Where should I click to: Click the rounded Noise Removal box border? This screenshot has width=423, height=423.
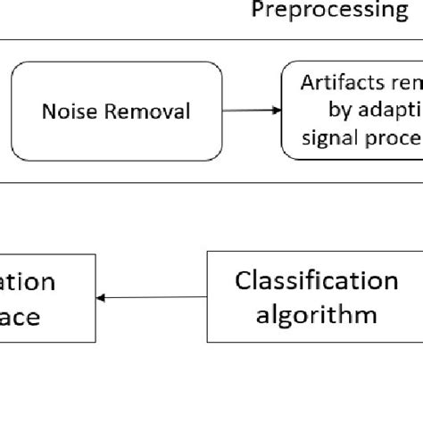click(x=12, y=111)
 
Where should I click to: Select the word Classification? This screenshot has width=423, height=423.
click(x=316, y=281)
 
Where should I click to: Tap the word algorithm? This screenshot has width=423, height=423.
click(x=316, y=314)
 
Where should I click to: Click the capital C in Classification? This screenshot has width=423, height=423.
click(x=242, y=281)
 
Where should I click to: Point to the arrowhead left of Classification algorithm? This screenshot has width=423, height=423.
click(x=101, y=297)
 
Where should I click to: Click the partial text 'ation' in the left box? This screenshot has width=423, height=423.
click(x=28, y=282)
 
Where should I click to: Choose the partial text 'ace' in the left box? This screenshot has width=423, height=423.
click(x=21, y=316)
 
